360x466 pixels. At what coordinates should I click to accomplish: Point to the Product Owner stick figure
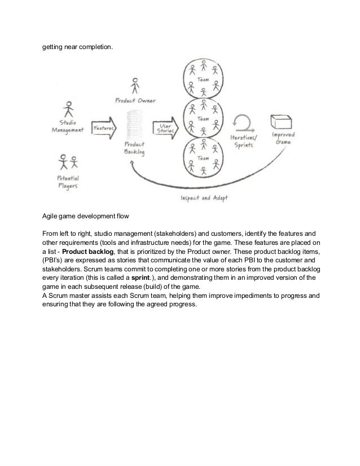[135, 86]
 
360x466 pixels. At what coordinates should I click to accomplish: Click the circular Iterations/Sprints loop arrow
[243, 122]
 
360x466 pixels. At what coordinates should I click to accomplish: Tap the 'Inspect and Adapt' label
[203, 198]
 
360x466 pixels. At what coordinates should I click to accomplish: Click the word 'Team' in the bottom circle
[203, 160]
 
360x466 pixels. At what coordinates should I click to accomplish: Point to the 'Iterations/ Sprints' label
[242, 141]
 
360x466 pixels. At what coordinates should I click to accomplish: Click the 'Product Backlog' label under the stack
[135, 148]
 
